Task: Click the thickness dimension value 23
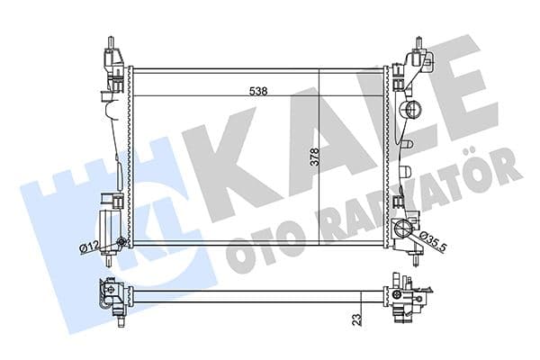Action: [356, 319]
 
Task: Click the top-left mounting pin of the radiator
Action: [111, 45]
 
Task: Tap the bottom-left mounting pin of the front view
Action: [110, 262]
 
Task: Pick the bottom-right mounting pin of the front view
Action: [418, 262]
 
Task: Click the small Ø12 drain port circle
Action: [121, 240]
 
